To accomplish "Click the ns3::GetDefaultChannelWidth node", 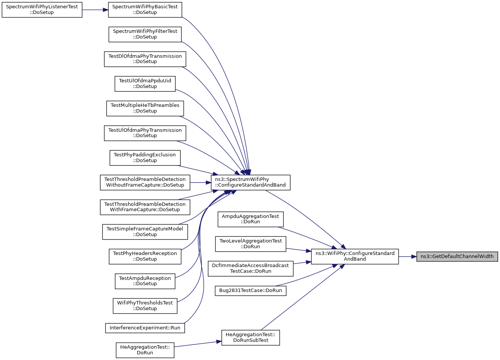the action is pyautogui.click(x=457, y=256).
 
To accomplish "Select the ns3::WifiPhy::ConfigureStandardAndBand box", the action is pyautogui.click(x=355, y=256).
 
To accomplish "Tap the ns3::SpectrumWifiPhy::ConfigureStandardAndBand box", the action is pyautogui.click(x=251, y=182).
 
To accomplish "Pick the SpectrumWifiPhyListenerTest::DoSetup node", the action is pyautogui.click(x=42, y=10).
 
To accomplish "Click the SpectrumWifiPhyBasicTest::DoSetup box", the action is pyautogui.click(x=145, y=10).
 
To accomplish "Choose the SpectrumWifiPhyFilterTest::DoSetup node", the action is pyautogui.click(x=145, y=34).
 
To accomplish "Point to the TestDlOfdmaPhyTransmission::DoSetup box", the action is pyautogui.click(x=145, y=59).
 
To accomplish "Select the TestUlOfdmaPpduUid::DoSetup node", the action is pyautogui.click(x=145, y=84).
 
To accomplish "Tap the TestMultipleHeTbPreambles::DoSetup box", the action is pyautogui.click(x=145, y=108).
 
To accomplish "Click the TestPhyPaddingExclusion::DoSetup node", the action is pyautogui.click(x=145, y=158).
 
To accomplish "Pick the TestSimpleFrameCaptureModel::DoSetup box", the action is pyautogui.click(x=145, y=232).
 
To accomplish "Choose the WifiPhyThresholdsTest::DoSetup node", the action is pyautogui.click(x=145, y=306).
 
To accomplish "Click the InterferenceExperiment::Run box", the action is pyautogui.click(x=145, y=328).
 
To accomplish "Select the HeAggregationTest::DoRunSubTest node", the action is pyautogui.click(x=251, y=338).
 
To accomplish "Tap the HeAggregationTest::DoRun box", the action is pyautogui.click(x=145, y=350).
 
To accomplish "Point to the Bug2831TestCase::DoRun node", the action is pyautogui.click(x=251, y=291).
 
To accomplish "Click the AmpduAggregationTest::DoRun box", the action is pyautogui.click(x=251, y=219).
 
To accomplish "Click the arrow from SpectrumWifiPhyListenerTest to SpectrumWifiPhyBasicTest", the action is pyautogui.click(x=95, y=10).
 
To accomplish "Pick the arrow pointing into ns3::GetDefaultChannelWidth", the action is pyautogui.click(x=407, y=257).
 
